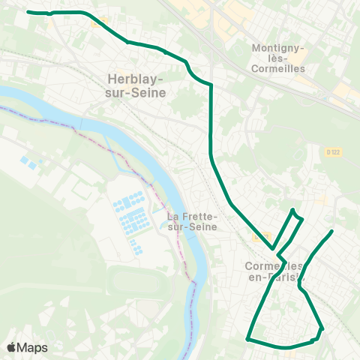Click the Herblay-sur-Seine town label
click(x=136, y=84)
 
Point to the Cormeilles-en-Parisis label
click(x=275, y=272)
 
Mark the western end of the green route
click(x=28, y=12)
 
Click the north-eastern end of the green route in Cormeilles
click(x=331, y=231)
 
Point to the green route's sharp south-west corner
click(x=247, y=339)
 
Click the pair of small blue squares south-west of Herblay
click(x=29, y=162)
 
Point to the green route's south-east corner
click(x=322, y=328)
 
